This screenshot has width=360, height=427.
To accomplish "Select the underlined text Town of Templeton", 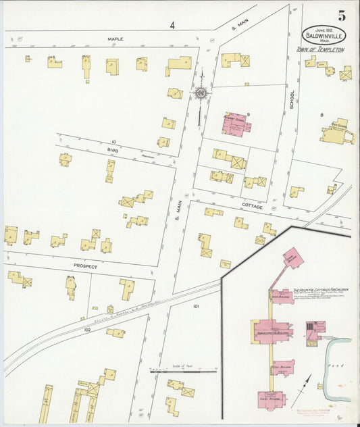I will point(321,50).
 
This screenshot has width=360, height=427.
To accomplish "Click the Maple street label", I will point(115,39).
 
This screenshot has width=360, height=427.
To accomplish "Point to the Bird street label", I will point(112,151).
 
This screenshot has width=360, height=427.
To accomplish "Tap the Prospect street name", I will point(86,266).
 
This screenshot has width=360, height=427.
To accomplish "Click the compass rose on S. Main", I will point(201,93).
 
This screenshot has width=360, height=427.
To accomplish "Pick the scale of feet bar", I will point(183,371).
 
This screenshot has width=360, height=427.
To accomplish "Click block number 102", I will point(87,329).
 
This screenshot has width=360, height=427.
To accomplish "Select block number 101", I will point(196,306).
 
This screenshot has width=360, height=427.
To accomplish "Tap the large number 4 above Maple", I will point(172,26).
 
